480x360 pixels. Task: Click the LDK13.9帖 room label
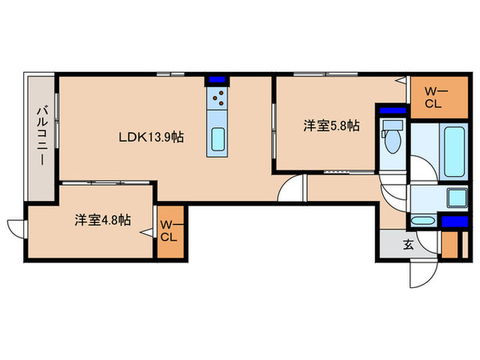(x=149, y=136)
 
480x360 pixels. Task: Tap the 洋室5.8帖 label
(x=332, y=125)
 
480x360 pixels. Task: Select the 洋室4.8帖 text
(x=103, y=220)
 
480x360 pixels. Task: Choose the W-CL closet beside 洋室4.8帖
(x=168, y=231)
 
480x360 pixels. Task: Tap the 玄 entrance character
(x=408, y=244)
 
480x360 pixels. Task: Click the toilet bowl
(x=393, y=139)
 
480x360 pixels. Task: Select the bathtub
(x=454, y=150)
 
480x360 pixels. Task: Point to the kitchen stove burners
(x=219, y=99)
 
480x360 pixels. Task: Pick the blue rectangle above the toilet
(x=392, y=110)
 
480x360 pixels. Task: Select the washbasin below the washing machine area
(x=424, y=221)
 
